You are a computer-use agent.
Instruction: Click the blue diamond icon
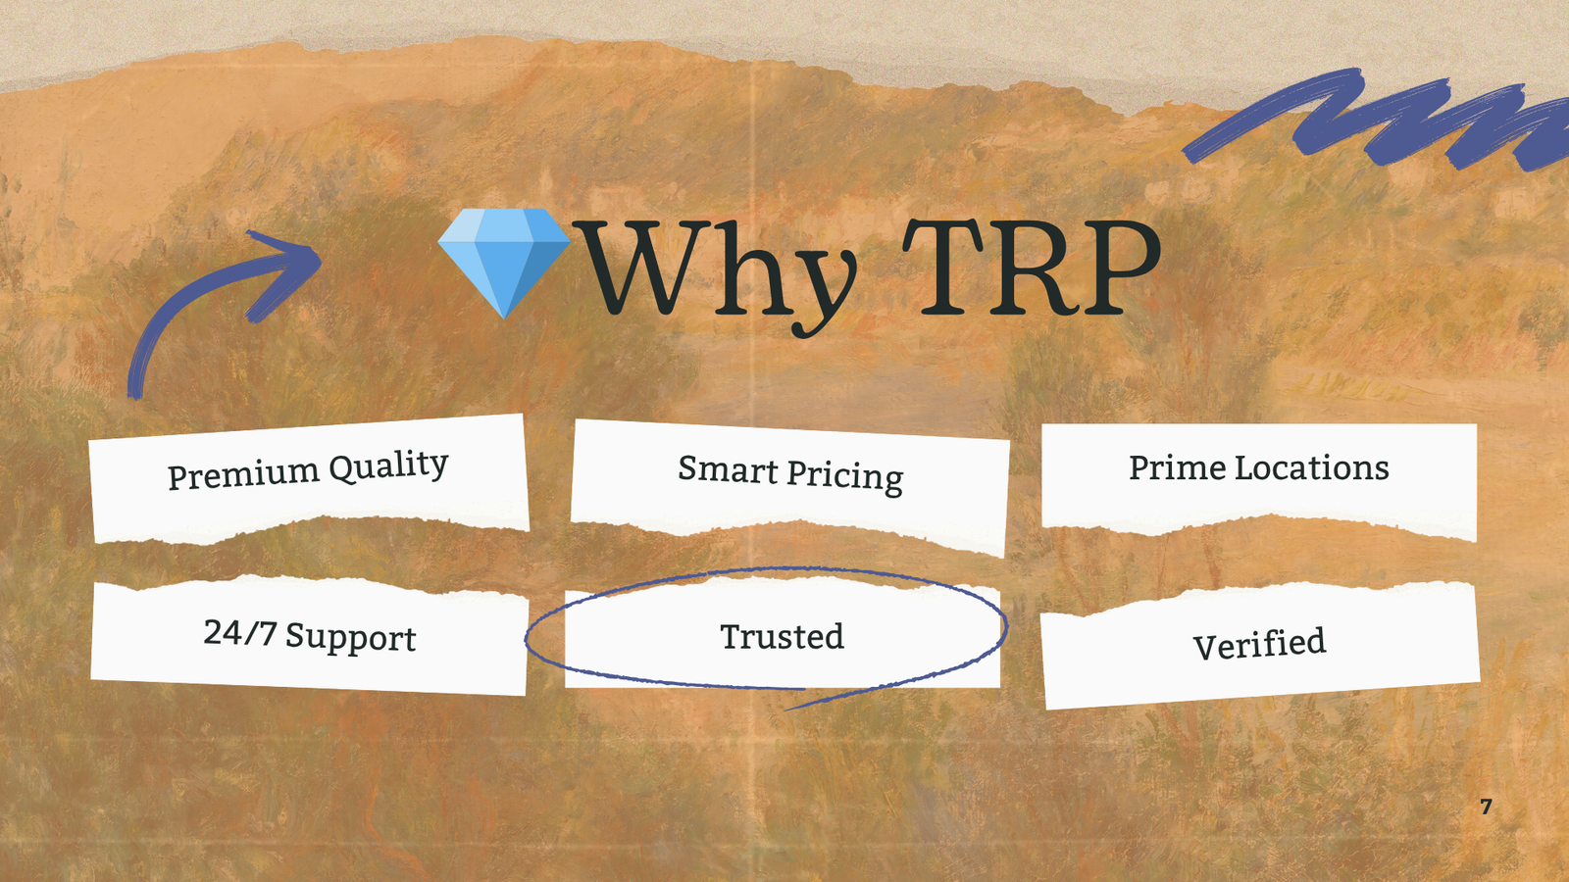point(504,263)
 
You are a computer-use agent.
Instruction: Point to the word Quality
point(388,465)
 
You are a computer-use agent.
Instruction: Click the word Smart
point(728,469)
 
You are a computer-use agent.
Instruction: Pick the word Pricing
point(845,476)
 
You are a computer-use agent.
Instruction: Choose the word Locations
point(1311,467)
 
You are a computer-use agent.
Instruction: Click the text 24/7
point(239,632)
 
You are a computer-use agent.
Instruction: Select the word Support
point(351,638)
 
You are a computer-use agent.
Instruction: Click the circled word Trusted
point(783,636)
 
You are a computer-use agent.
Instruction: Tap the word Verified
point(1259,644)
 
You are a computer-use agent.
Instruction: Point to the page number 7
point(1487,808)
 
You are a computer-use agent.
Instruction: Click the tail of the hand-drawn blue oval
point(785,710)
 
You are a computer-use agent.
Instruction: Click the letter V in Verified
point(1207,648)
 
